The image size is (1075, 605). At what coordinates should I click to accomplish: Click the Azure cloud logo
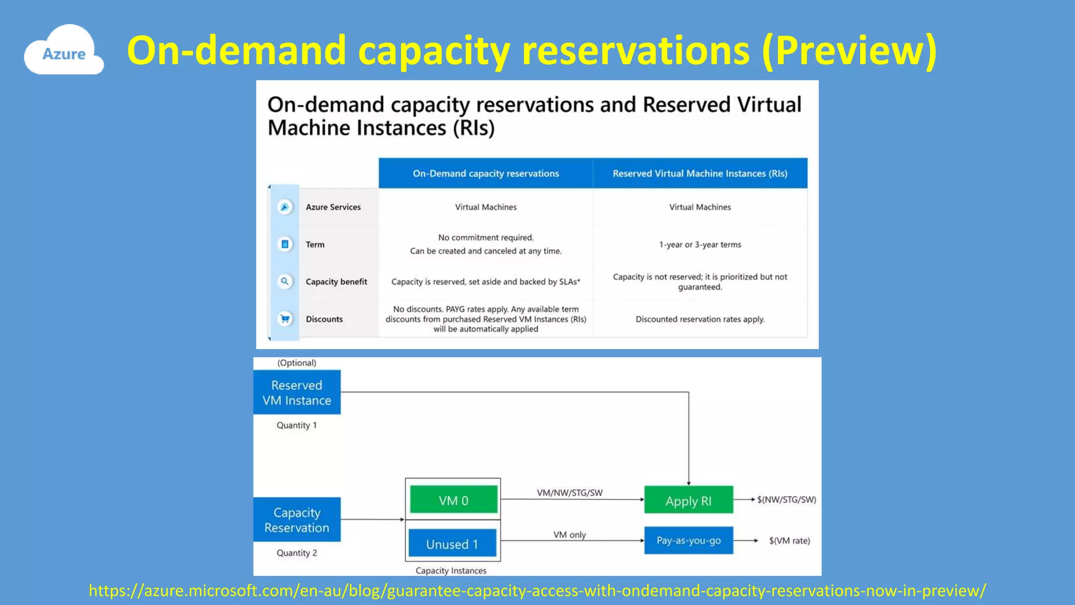[x=64, y=51]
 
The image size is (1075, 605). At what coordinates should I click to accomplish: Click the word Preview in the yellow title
[x=849, y=50]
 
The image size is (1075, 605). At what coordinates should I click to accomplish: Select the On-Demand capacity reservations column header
[x=486, y=173]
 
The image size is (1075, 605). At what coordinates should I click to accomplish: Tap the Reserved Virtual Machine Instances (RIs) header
[x=700, y=173]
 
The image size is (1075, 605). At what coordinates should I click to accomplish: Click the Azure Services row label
[x=333, y=207]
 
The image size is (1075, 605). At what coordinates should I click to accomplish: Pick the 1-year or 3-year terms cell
[x=700, y=244]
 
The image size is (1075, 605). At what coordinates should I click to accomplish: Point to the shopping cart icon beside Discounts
[x=285, y=319]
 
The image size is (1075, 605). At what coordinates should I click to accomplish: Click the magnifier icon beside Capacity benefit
[x=285, y=281]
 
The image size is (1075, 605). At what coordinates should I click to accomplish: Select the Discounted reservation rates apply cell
[x=700, y=319]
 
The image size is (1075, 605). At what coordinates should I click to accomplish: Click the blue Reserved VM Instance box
[x=297, y=392]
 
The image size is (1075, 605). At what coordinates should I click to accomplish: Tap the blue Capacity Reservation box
[x=297, y=519]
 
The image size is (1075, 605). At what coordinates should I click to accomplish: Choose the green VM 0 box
[x=454, y=499]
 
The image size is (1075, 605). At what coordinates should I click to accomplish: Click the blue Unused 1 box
[x=452, y=543]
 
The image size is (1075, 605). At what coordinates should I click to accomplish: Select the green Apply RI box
[x=688, y=500]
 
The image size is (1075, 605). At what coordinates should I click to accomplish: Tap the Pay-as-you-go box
[x=688, y=540]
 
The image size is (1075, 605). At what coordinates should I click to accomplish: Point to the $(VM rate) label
[x=789, y=540]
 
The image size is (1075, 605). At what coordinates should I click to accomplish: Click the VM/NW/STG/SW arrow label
[x=570, y=493]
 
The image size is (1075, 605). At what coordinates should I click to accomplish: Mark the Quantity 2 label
[x=297, y=552]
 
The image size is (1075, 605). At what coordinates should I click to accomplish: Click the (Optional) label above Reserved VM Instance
[x=297, y=363]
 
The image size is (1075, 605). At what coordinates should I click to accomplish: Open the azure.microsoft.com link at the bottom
[x=537, y=590]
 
